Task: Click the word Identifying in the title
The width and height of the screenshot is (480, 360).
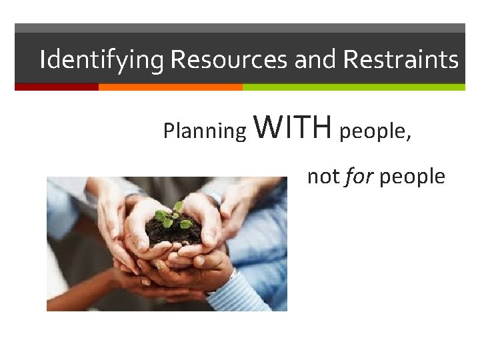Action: click(x=101, y=61)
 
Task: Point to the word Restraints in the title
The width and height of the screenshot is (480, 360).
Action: click(x=400, y=61)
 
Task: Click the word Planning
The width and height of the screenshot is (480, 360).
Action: click(x=205, y=131)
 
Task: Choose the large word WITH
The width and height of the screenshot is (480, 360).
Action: click(x=293, y=127)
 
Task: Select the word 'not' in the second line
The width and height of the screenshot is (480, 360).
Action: click(x=323, y=177)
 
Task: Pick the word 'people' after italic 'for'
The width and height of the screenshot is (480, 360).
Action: click(x=413, y=177)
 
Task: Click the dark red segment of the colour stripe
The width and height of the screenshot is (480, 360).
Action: click(x=56, y=87)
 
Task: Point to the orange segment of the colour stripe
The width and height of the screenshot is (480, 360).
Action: click(x=170, y=87)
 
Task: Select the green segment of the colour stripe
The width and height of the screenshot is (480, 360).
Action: click(x=353, y=87)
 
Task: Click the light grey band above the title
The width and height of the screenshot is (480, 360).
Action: click(x=240, y=28)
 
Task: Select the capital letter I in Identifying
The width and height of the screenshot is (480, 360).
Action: click(x=43, y=60)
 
